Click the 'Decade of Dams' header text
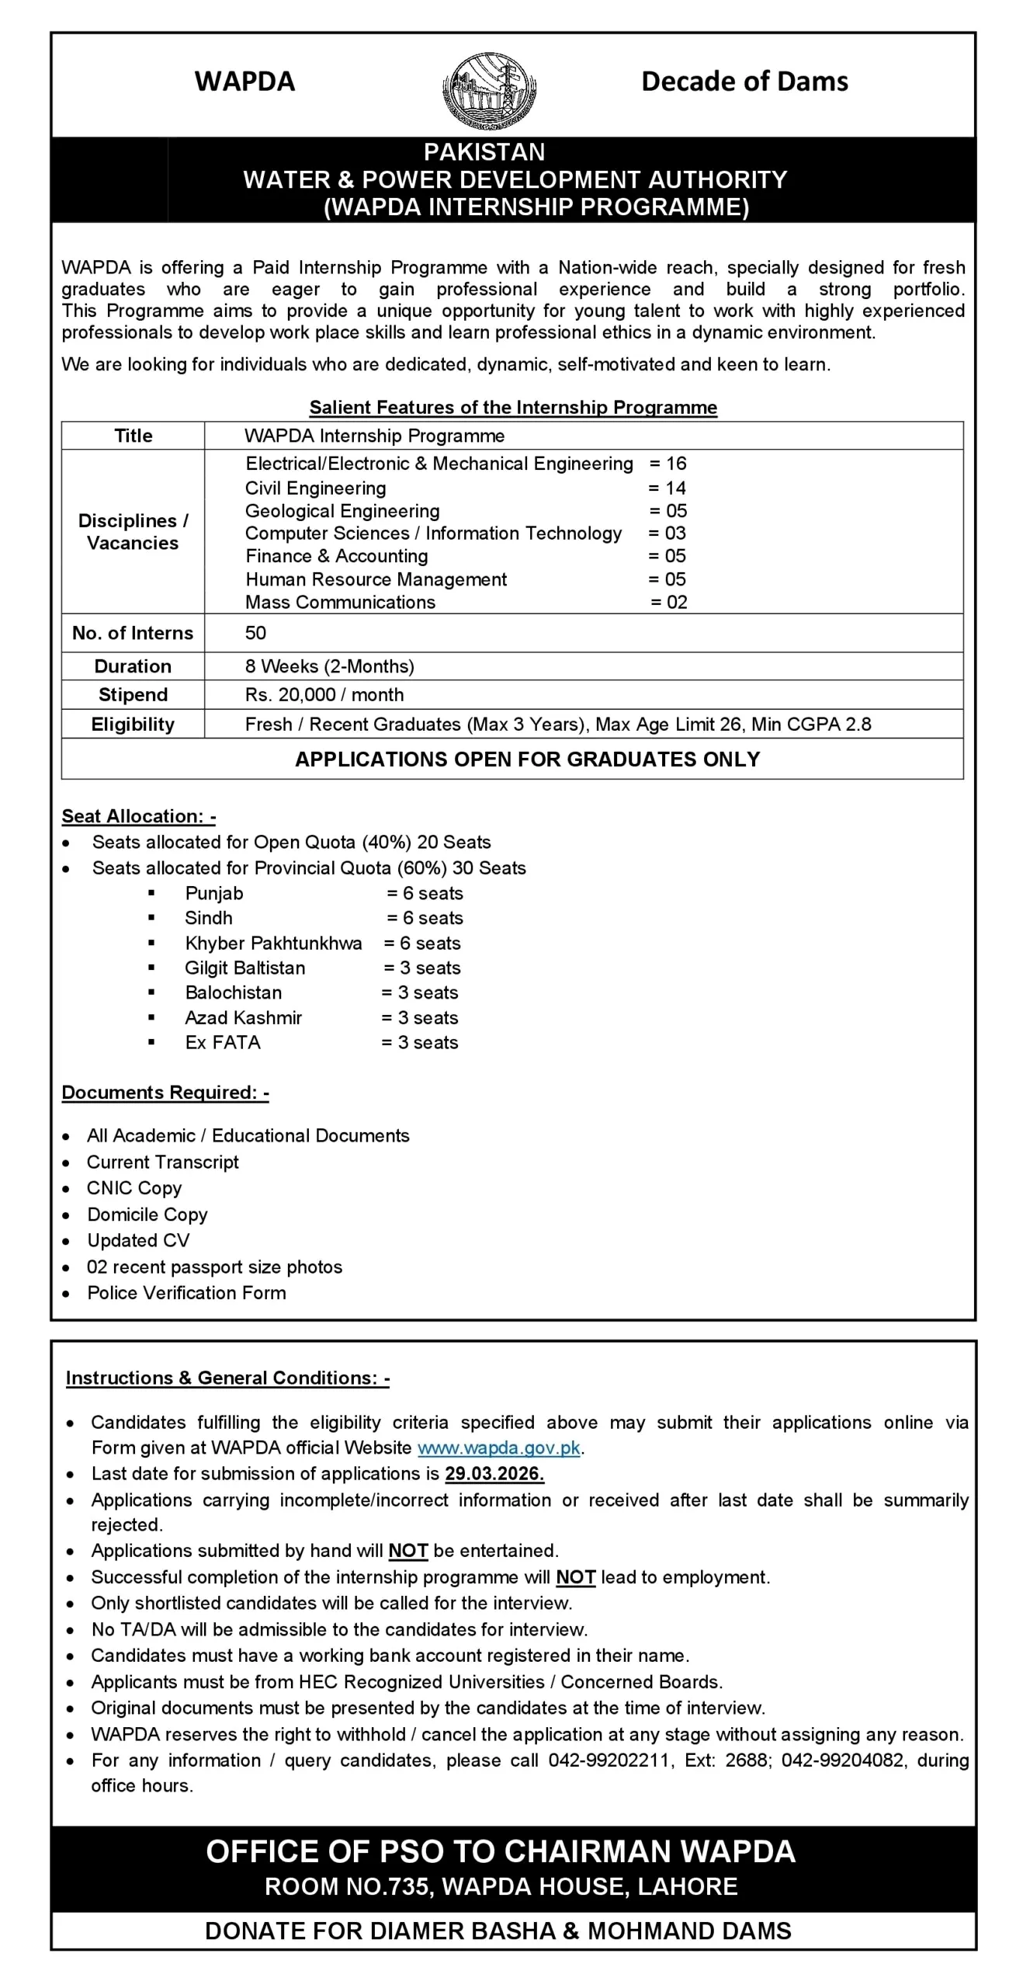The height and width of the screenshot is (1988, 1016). [744, 82]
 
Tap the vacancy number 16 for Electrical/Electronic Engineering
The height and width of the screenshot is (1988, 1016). [675, 464]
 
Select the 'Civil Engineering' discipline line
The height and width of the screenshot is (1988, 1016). [315, 488]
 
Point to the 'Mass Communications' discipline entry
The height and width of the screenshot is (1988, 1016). [340, 603]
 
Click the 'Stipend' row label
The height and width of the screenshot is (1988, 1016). [133, 695]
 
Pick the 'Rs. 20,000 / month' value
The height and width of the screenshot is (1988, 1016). [324, 695]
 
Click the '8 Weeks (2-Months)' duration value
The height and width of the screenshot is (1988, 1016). [329, 666]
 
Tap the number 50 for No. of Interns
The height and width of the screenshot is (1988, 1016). [255, 633]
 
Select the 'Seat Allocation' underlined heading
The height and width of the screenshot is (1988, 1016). [138, 816]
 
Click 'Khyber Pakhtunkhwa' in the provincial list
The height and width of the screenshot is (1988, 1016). [273, 944]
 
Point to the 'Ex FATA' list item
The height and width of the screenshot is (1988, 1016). [223, 1043]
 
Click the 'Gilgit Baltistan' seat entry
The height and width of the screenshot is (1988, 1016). [244, 968]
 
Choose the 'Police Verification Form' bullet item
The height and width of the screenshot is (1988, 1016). [186, 1293]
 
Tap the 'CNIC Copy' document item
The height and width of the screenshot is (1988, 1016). [134, 1188]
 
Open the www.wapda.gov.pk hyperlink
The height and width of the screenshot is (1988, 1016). [498, 1448]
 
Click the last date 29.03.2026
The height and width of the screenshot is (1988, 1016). [494, 1474]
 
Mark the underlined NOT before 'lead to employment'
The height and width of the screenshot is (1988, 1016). [575, 1577]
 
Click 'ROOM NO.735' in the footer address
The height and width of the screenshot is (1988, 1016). [347, 1886]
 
